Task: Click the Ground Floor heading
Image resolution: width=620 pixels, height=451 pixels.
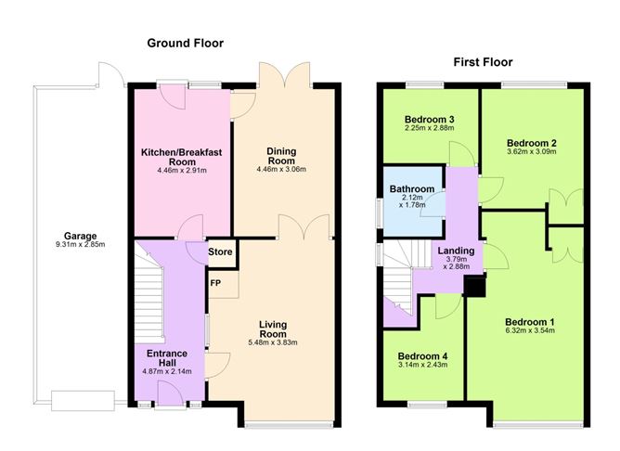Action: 185,43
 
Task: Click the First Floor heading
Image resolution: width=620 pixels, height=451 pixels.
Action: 483,62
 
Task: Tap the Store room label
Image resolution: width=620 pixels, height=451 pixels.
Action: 220,251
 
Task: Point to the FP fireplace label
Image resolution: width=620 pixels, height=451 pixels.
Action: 215,283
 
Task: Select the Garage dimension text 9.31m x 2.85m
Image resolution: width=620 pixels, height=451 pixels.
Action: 81,245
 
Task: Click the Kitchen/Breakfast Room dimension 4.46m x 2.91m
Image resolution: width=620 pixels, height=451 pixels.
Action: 182,171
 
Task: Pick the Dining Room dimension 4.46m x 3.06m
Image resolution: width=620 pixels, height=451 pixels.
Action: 281,170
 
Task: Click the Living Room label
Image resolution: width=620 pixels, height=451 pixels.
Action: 273,329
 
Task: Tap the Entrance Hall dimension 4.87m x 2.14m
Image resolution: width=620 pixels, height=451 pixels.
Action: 167,371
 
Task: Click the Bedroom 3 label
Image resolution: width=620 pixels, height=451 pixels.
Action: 430,120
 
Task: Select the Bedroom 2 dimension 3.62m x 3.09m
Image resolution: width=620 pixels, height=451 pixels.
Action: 532,152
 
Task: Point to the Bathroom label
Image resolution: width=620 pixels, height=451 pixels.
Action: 412,189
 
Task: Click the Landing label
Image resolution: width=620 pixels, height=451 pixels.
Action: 456,251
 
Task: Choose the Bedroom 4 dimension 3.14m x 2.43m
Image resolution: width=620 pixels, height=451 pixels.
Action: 422,365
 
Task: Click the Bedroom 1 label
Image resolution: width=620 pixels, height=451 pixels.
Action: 530,322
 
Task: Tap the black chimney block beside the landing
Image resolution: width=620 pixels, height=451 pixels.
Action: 474,287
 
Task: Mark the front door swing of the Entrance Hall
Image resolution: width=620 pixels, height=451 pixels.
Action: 171,393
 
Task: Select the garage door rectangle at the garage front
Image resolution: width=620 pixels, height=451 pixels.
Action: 83,401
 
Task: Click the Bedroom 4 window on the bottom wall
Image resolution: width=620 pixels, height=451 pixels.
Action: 428,405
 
